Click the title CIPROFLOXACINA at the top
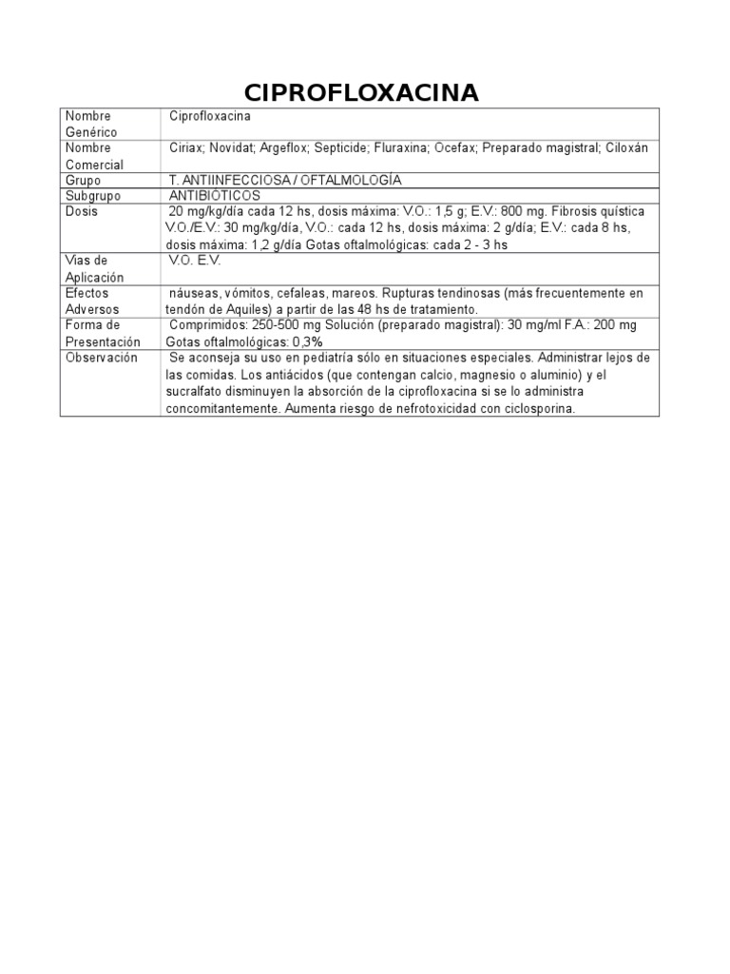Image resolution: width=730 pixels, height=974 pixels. coord(361,92)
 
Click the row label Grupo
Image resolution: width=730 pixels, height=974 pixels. coord(82,180)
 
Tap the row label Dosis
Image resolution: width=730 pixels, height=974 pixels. coord(81,211)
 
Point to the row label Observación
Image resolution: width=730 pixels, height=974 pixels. coord(101,358)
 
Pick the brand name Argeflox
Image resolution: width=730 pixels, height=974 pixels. coord(287,148)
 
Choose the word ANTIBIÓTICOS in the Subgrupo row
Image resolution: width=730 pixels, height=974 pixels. coord(214,195)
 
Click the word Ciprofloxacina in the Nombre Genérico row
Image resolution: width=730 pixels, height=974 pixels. coord(210,116)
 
